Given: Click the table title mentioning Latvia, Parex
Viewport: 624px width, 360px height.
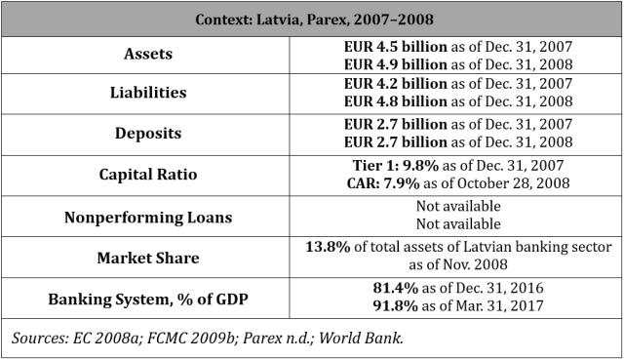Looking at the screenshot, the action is [312, 20].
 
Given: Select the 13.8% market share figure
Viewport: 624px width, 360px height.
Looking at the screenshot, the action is [329, 248].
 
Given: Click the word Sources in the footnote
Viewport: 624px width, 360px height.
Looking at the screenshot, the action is [37, 338].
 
